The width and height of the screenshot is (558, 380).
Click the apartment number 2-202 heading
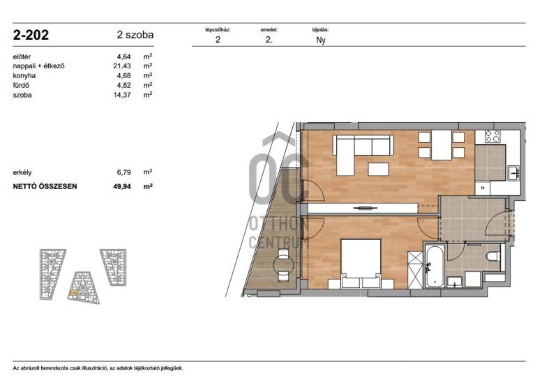(31, 35)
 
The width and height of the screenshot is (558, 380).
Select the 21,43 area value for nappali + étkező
(122, 66)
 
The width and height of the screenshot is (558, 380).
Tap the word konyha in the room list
(24, 76)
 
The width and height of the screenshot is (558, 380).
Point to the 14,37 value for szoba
(122, 95)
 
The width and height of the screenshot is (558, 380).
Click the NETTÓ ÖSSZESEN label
(45, 186)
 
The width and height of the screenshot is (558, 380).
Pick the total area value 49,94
(122, 186)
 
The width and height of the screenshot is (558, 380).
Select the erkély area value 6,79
(124, 172)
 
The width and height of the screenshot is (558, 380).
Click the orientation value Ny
(321, 40)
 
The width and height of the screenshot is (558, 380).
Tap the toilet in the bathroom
(493, 256)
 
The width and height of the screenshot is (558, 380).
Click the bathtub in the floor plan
(434, 265)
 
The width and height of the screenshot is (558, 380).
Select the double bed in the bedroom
(361, 264)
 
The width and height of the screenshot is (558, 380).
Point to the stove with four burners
(492, 136)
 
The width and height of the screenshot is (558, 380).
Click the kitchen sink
(513, 174)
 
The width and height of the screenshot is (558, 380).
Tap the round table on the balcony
(283, 264)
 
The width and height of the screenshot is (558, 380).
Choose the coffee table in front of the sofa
(378, 169)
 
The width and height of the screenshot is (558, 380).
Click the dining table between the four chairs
(442, 145)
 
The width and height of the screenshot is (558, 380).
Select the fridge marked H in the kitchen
(483, 188)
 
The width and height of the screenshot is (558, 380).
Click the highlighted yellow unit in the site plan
(73, 293)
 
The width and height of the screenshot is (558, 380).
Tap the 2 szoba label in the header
(135, 35)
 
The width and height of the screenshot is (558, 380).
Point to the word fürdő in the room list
(21, 85)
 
